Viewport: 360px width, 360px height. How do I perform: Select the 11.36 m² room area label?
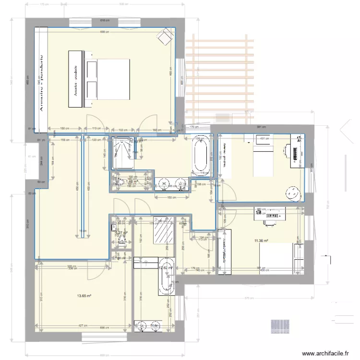pyautogui.click(x=261, y=240)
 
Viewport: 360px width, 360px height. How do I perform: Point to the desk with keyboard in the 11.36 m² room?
pyautogui.click(x=269, y=215)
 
